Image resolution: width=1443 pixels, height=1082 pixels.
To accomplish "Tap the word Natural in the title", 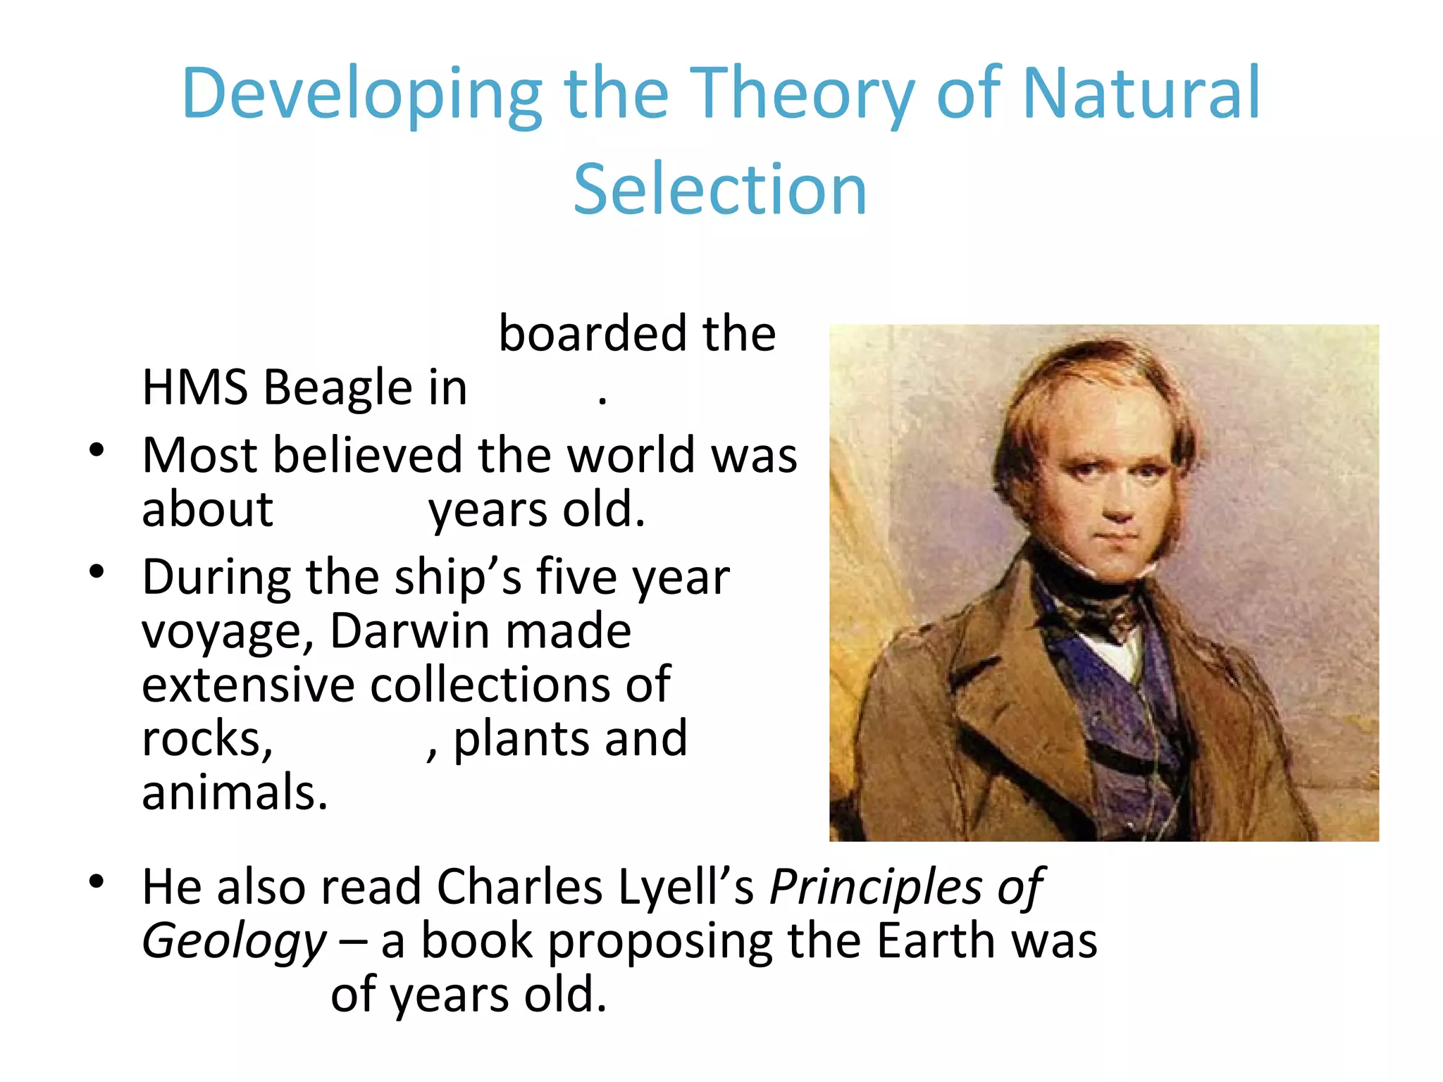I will tap(1141, 93).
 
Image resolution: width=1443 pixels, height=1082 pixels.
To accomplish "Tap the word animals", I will tap(235, 792).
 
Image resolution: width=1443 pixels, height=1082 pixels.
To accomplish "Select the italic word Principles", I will tap(874, 887).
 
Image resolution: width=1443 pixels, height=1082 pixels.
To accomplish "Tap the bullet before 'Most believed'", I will tap(97, 451).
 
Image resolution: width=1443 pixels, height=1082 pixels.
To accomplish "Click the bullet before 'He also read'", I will tap(97, 882).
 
